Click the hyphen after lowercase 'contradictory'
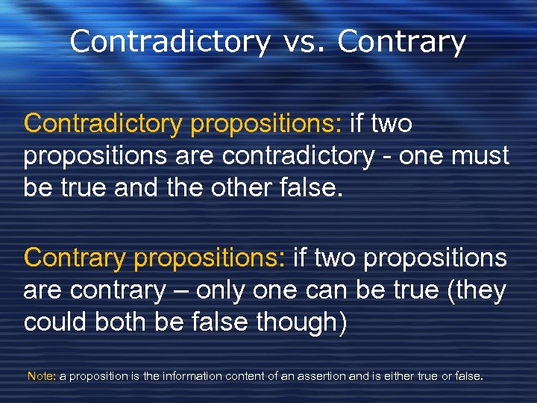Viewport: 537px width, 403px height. [x=389, y=157]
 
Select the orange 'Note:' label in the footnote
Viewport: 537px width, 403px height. [x=41, y=376]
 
